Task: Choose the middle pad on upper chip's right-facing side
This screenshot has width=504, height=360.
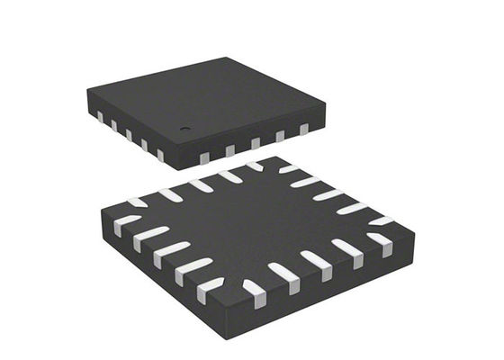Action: point(255,143)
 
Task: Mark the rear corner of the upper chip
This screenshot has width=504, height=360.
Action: point(228,59)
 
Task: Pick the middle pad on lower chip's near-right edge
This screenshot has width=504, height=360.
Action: point(317,260)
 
